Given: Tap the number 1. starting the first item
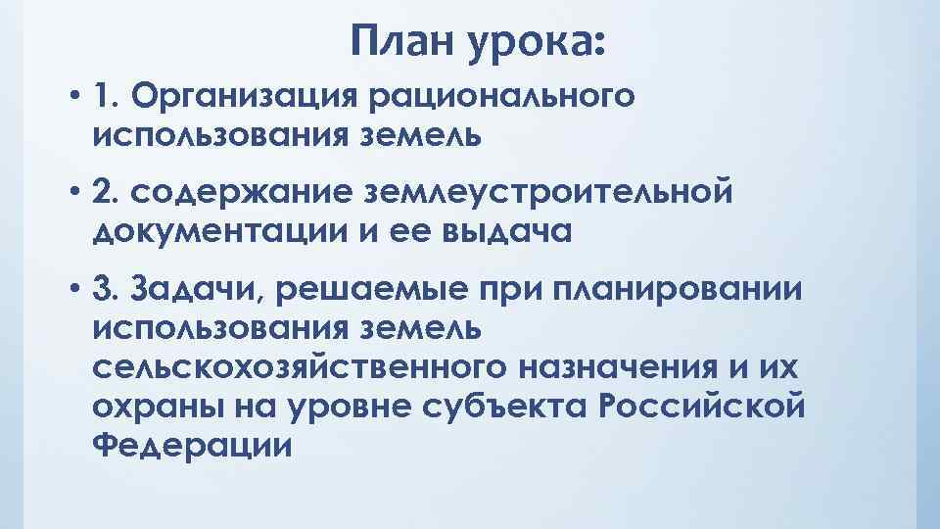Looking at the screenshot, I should [105, 97].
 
